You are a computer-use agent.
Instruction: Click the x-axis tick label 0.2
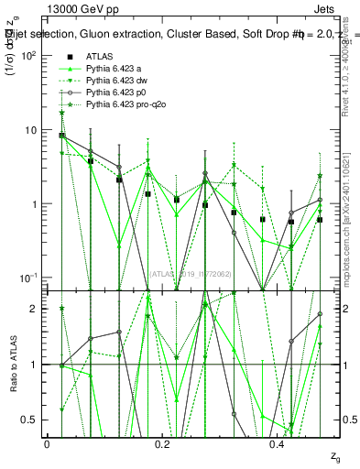click(x=163, y=444)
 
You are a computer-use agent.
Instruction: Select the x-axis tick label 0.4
click(x=278, y=444)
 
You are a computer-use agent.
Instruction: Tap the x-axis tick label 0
click(x=47, y=444)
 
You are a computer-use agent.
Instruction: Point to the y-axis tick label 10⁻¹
click(x=28, y=278)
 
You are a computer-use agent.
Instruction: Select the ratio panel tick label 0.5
click(x=30, y=420)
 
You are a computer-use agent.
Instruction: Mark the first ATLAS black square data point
click(x=61, y=136)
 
